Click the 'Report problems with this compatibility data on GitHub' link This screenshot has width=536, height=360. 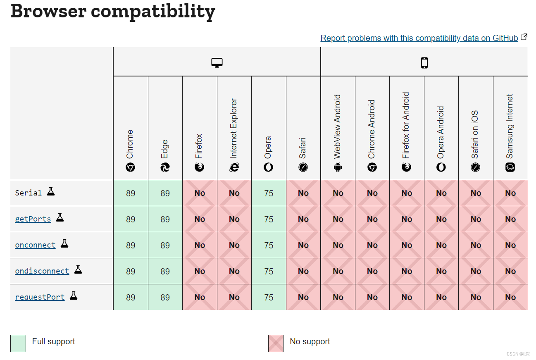(x=419, y=38)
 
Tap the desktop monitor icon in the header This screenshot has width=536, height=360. (x=217, y=62)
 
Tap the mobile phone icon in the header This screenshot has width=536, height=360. (x=424, y=62)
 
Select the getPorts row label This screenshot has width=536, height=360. (x=33, y=219)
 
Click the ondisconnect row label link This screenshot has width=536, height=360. (x=42, y=271)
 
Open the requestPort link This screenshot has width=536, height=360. (x=40, y=297)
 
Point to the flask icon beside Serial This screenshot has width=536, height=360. (x=51, y=191)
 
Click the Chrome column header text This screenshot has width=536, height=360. (x=130, y=144)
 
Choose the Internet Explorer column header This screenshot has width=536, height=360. (x=234, y=128)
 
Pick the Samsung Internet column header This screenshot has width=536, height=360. (x=510, y=126)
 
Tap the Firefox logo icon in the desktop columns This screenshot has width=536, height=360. (x=200, y=167)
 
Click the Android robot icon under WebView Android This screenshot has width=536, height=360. (x=338, y=167)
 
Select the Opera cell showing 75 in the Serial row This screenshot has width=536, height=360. (x=269, y=193)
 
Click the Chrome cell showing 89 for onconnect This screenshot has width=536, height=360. (x=131, y=245)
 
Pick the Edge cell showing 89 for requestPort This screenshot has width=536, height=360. (x=165, y=297)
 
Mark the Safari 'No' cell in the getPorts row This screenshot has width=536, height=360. (x=303, y=219)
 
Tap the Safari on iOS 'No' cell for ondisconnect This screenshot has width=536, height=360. (x=476, y=271)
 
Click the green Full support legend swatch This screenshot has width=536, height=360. (x=18, y=343)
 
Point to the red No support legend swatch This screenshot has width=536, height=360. (x=276, y=343)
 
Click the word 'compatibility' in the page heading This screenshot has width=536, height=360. (x=153, y=11)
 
